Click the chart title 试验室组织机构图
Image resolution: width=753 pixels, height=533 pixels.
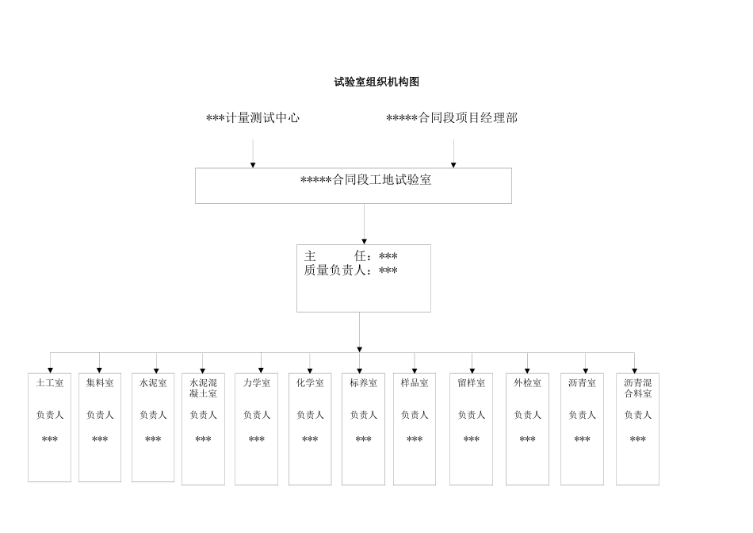point(376,82)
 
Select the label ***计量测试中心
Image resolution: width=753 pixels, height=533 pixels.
point(253,118)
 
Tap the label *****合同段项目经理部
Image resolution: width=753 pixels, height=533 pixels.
point(452,118)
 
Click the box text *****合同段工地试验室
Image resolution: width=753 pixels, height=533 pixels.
point(365,180)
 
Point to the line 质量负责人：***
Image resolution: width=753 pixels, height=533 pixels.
point(351,270)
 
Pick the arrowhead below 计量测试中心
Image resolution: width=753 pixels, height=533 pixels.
point(253,164)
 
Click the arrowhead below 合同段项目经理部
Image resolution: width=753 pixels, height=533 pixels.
point(453,164)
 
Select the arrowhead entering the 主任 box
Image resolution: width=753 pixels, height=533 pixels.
point(365,240)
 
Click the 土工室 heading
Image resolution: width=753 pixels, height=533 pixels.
point(50,383)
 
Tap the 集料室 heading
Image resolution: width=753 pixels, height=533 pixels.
point(100,383)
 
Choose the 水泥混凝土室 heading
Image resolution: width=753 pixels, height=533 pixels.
point(203,388)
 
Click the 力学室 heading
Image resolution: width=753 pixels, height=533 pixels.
point(257,383)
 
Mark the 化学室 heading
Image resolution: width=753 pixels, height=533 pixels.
point(310,383)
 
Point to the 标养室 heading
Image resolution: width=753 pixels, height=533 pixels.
point(363,383)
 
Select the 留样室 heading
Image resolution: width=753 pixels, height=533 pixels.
point(471,383)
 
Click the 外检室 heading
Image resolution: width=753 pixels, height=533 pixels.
point(527,383)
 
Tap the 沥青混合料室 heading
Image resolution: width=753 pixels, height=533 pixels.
point(637,388)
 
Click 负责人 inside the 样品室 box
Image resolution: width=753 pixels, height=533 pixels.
point(415,415)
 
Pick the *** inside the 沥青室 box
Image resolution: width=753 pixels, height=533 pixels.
point(582,439)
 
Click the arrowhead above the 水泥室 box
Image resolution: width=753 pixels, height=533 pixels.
point(155,370)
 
